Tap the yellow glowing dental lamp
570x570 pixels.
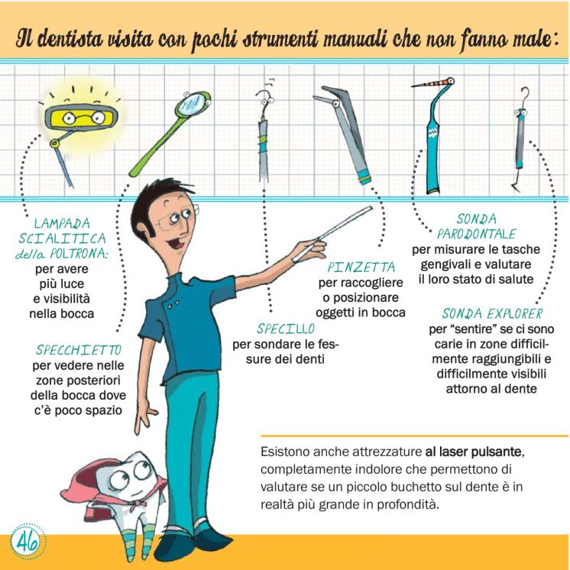[x=81, y=117]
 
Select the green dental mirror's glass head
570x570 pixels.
[x=192, y=102]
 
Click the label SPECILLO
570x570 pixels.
[x=285, y=329]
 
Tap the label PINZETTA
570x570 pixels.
[x=361, y=267]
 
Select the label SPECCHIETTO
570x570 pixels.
[x=79, y=350]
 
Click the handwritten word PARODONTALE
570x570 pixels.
[x=476, y=234]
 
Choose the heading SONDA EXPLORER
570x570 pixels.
[x=492, y=314]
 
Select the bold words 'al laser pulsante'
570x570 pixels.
[x=474, y=452]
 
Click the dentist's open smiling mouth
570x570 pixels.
[x=177, y=242]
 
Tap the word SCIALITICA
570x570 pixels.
[x=62, y=238]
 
